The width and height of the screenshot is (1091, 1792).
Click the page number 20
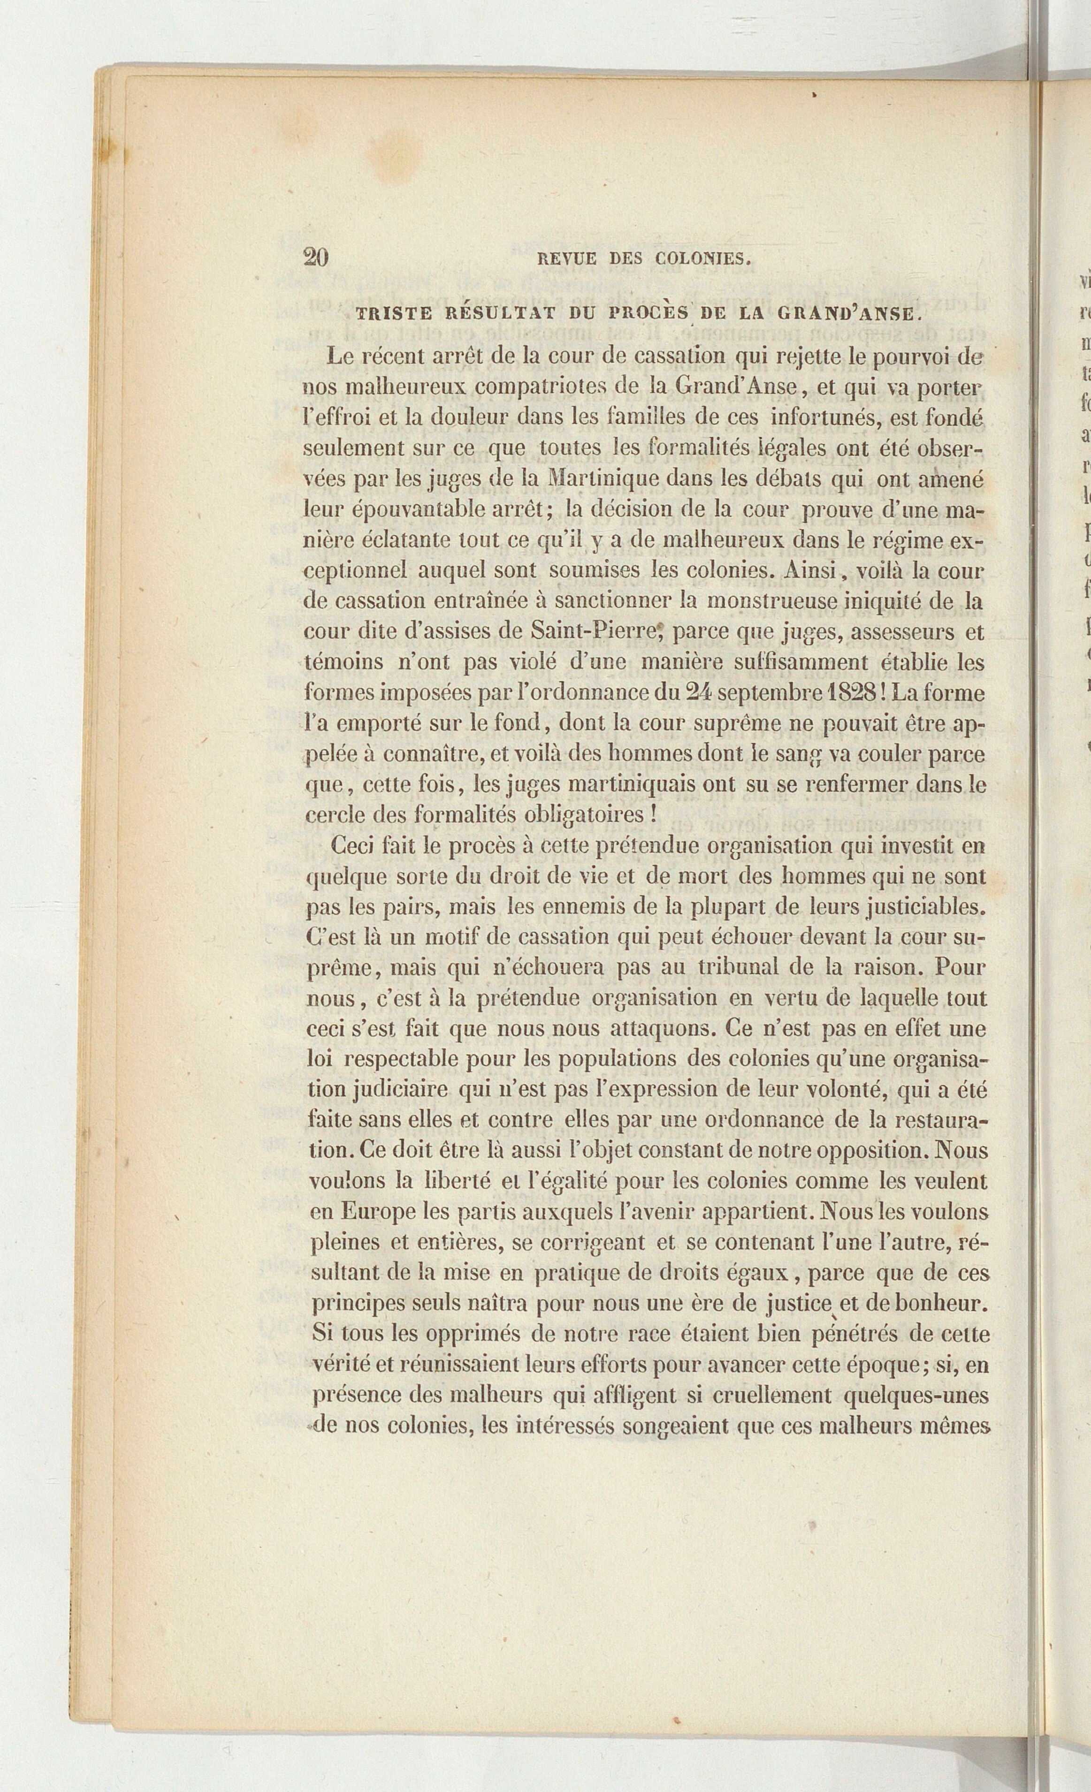(316, 258)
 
